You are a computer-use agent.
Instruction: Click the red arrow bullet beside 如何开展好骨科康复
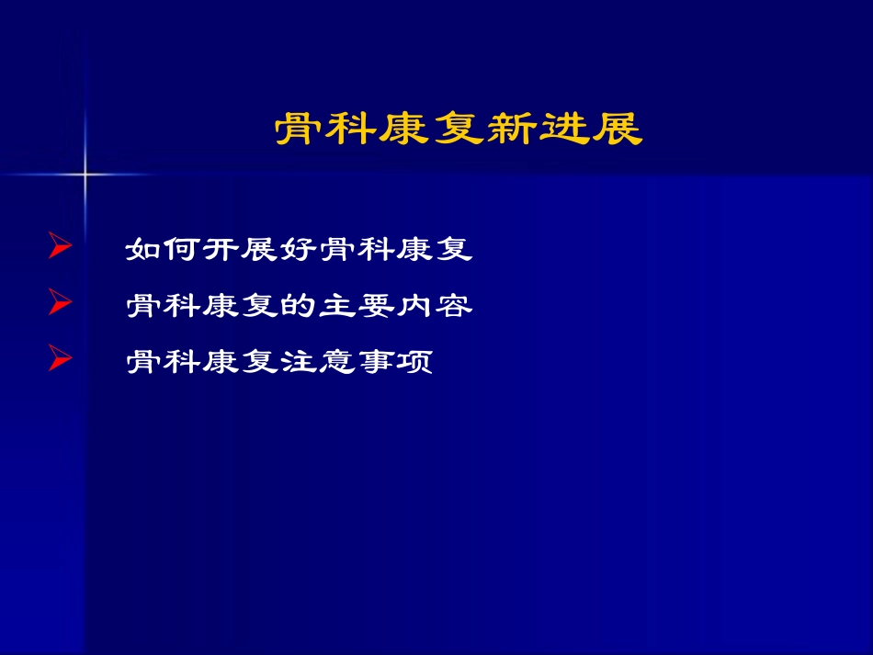tap(60, 248)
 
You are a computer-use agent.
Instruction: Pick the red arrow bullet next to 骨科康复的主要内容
tap(60, 304)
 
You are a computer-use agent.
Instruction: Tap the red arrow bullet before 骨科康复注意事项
tap(60, 360)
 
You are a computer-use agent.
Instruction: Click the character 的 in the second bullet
tap(299, 306)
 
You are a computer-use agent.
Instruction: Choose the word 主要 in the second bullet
tap(357, 306)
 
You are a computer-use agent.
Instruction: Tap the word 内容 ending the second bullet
tap(434, 306)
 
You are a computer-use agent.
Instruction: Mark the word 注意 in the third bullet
tap(318, 362)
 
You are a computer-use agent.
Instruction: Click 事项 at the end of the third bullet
tap(395, 362)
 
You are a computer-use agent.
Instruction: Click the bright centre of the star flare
tap(85, 173)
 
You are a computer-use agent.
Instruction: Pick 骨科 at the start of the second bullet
tap(164, 306)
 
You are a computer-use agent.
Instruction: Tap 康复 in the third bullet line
tap(241, 362)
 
